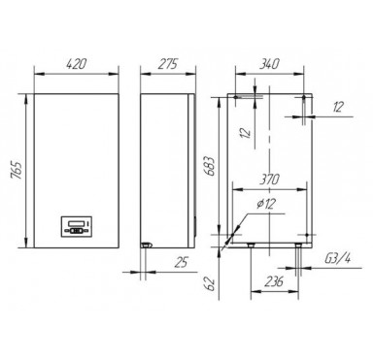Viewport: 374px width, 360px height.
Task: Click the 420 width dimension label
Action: pyautogui.click(x=77, y=64)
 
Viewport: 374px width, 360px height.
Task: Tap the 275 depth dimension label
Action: pyautogui.click(x=168, y=64)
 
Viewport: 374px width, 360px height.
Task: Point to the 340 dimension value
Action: pyautogui.click(x=269, y=64)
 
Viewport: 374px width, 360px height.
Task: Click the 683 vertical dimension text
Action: pyautogui.click(x=211, y=166)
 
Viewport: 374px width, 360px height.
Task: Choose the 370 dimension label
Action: pyautogui.click(x=269, y=180)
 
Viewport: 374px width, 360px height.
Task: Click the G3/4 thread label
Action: pyautogui.click(x=338, y=258)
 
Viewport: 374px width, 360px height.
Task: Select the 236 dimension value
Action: pyautogui.click(x=274, y=281)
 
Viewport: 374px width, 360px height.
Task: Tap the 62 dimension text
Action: pyautogui.click(x=211, y=283)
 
